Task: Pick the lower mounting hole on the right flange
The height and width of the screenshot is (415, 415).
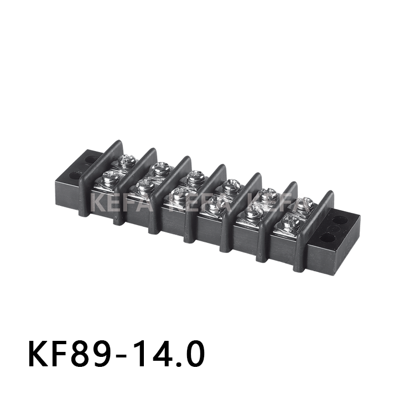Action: pyautogui.click(x=328, y=239)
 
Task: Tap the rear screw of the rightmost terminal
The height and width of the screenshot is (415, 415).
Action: pyautogui.click(x=304, y=204)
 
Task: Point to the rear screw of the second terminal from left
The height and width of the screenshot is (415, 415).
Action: pyautogui.click(x=160, y=168)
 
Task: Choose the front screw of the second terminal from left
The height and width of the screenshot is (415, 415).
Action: pyautogui.click(x=145, y=185)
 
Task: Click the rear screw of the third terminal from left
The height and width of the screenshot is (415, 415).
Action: pyautogui.click(x=195, y=178)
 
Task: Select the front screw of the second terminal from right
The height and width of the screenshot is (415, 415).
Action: pyautogui.click(x=253, y=212)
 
